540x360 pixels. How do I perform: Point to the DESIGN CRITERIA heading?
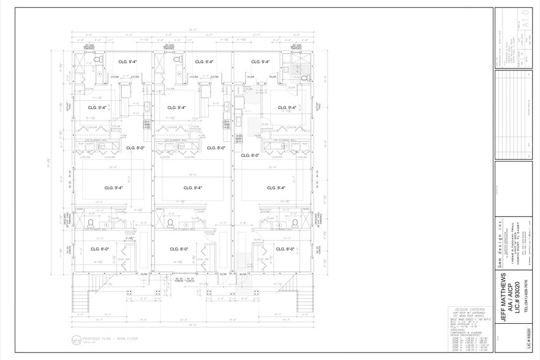tap(466, 309)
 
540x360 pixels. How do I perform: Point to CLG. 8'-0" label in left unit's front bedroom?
tap(100, 249)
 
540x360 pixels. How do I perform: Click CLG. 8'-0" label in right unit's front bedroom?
tap(285, 249)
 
